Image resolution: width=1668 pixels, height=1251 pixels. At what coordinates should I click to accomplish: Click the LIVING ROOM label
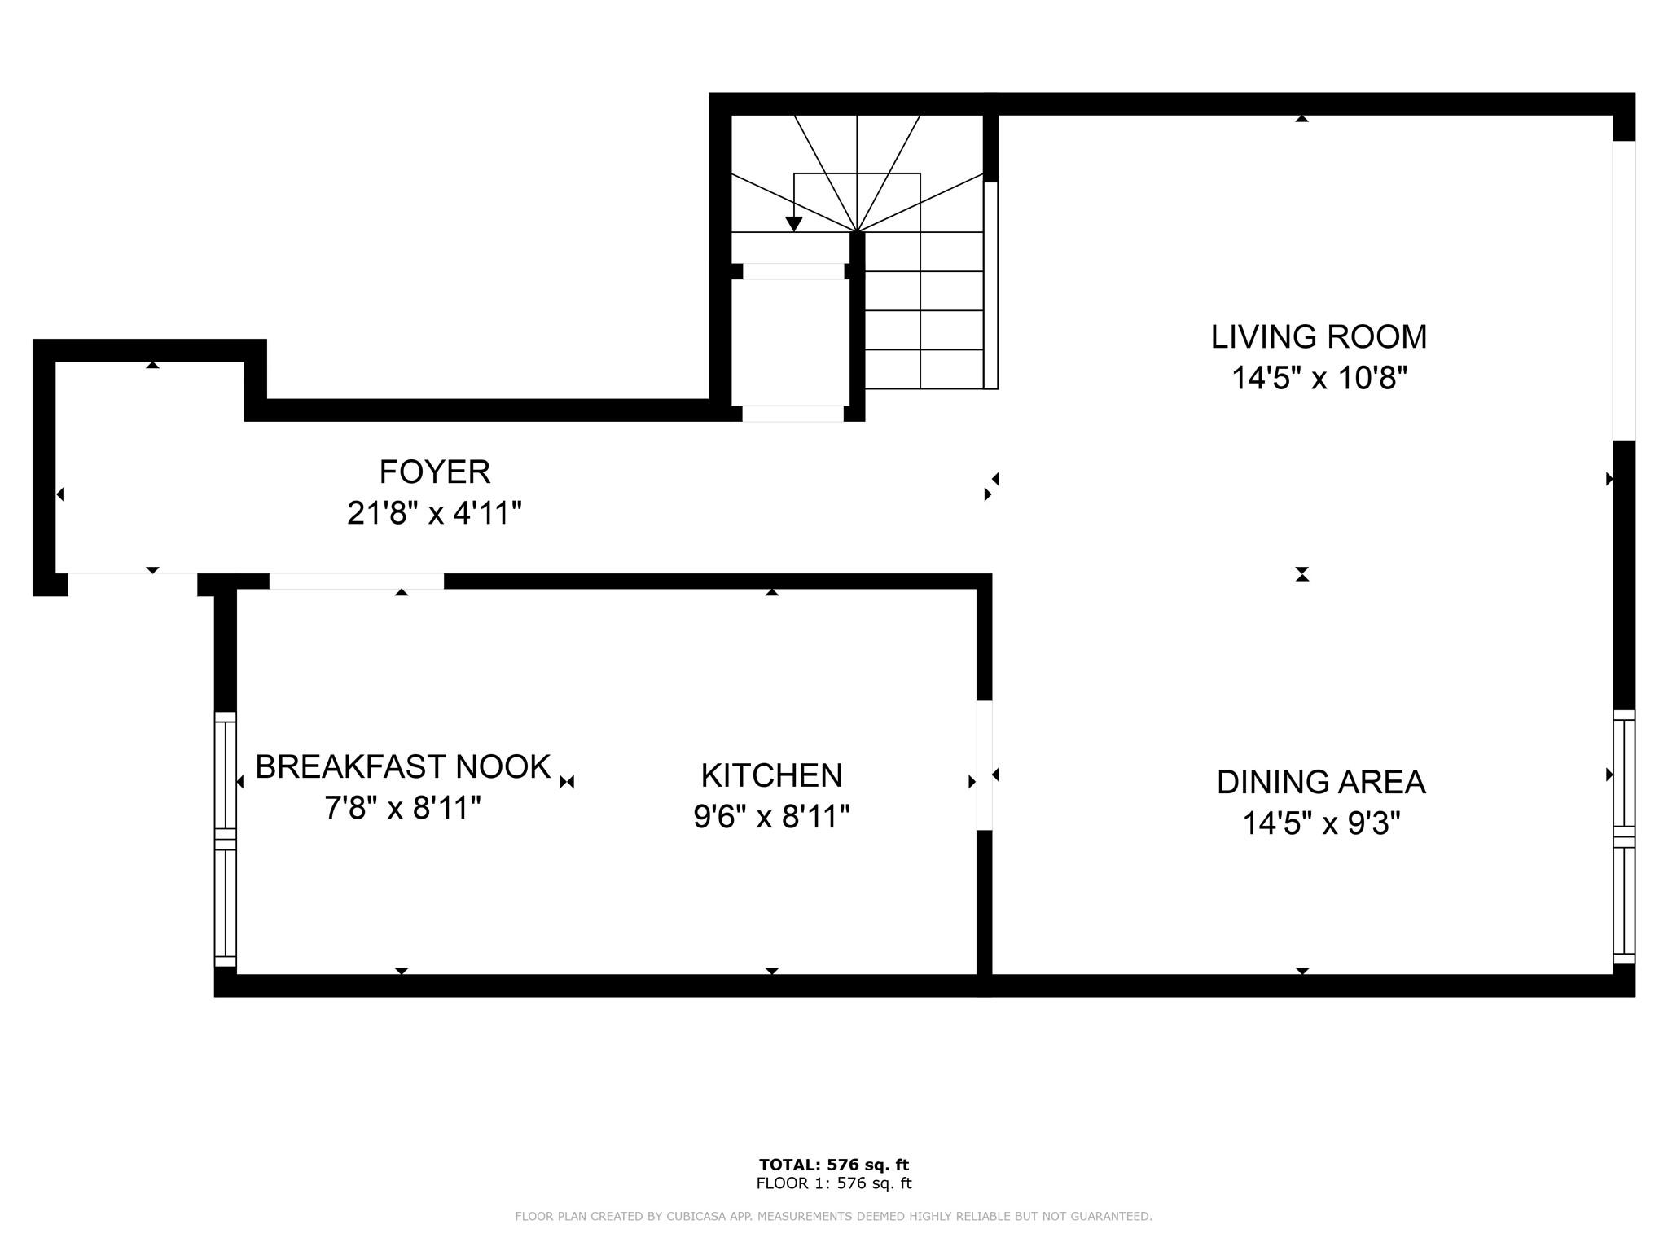click(x=1319, y=336)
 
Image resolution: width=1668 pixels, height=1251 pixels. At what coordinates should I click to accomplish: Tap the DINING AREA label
click(x=1321, y=782)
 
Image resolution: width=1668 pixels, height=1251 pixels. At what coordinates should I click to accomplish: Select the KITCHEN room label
click(x=771, y=775)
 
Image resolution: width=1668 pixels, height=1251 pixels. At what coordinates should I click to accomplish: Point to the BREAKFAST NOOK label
click(x=403, y=766)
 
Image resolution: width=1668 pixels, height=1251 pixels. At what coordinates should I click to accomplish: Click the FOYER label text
click(x=435, y=472)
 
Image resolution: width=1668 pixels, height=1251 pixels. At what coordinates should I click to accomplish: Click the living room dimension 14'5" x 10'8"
click(x=1319, y=378)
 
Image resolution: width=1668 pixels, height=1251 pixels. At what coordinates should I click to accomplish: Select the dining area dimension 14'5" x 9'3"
click(x=1321, y=823)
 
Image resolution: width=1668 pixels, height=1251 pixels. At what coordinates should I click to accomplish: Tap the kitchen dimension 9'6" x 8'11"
click(x=771, y=816)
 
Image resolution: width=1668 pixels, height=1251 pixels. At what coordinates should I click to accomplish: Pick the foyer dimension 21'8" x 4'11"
click(x=434, y=513)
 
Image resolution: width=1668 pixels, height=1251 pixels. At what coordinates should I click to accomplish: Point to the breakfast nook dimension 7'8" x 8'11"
click(x=402, y=808)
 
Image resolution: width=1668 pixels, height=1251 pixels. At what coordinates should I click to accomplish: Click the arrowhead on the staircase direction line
click(x=794, y=224)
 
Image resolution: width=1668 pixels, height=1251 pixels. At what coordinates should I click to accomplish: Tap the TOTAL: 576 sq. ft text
click(x=834, y=1165)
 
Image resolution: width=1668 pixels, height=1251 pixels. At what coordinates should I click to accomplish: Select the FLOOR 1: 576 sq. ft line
click(x=834, y=1183)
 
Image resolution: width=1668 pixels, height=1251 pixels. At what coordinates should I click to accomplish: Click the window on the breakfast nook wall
click(x=225, y=839)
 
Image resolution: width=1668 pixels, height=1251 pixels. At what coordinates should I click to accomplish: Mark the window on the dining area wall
click(x=1624, y=836)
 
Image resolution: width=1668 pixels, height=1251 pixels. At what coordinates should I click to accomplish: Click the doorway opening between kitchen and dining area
click(x=984, y=766)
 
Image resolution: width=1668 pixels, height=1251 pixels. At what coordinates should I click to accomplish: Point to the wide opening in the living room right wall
click(x=1624, y=291)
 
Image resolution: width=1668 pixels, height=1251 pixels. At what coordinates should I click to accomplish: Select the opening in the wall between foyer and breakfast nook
click(x=357, y=581)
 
